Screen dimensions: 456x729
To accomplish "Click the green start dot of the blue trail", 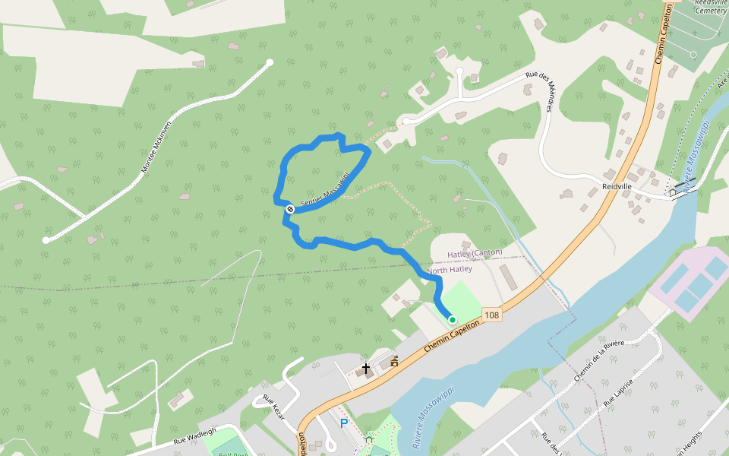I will pos(452,320).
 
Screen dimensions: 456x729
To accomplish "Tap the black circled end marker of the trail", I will pos(290,209).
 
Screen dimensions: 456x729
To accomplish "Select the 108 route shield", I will pos(492,315).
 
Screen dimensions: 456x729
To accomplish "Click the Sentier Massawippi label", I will pos(324,195).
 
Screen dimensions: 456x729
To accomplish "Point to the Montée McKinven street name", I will pos(157,146).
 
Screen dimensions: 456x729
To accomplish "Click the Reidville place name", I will pos(617,186).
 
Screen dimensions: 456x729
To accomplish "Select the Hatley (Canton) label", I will pos(475,253).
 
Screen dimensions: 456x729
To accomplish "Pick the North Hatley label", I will pos(450,269).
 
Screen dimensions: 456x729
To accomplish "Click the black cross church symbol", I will pos(366,369).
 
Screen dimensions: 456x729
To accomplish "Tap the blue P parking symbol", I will pos(343,423).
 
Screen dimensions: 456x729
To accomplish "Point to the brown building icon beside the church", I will pos(394,362).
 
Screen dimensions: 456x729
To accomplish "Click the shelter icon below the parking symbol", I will pos(369,439).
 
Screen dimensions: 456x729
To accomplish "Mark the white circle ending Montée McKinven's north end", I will pos(270,62).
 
